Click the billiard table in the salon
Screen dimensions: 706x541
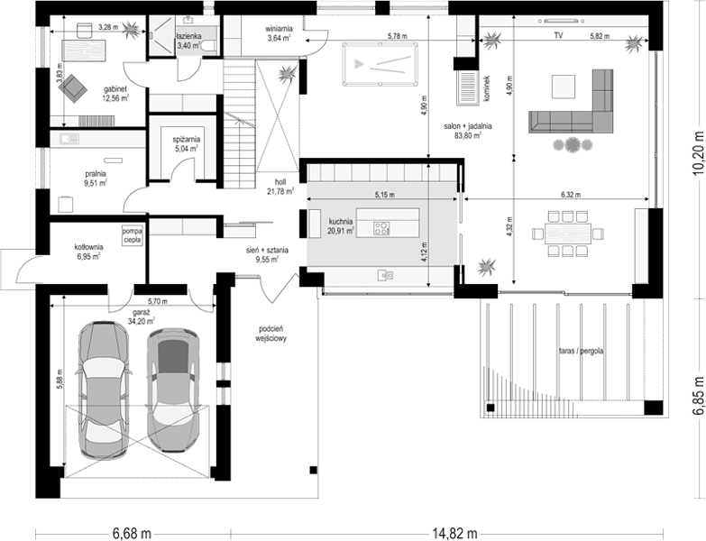pyautogui.click(x=380, y=64)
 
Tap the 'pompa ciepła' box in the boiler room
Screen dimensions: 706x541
pyautogui.click(x=132, y=235)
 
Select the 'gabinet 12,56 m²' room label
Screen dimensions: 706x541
pyautogui.click(x=116, y=94)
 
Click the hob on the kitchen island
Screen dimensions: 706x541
pyautogui.click(x=381, y=229)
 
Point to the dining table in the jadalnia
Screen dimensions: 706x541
pyautogui.click(x=567, y=234)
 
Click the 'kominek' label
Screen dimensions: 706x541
pyautogui.click(x=488, y=88)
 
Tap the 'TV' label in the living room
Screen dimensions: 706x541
pyautogui.click(x=558, y=35)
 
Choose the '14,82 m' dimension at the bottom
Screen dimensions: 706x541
pyautogui.click(x=454, y=534)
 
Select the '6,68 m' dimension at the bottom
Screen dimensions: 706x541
pyautogui.click(x=132, y=534)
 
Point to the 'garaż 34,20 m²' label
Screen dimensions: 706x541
pyautogui.click(x=142, y=316)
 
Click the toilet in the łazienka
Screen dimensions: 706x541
pyautogui.click(x=209, y=46)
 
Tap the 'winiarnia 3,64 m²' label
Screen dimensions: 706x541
pyautogui.click(x=280, y=33)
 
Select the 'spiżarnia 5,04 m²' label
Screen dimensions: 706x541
pyautogui.click(x=187, y=144)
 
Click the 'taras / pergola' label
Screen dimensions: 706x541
pyautogui.click(x=581, y=351)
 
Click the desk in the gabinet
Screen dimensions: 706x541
pyautogui.click(x=84, y=50)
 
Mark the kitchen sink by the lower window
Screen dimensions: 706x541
pyautogui.click(x=386, y=274)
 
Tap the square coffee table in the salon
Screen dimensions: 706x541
pyautogui.click(x=564, y=87)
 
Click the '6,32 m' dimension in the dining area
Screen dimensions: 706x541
pyautogui.click(x=571, y=195)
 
